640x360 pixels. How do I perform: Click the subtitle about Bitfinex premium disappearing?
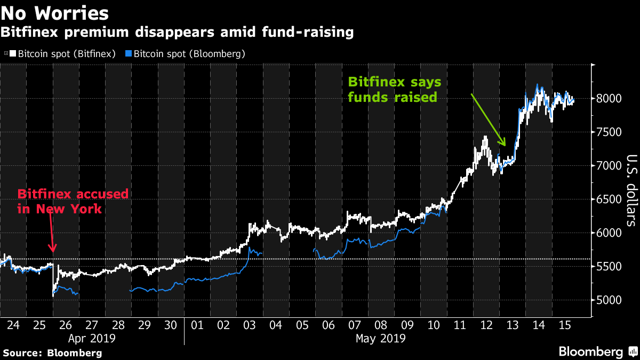(177, 33)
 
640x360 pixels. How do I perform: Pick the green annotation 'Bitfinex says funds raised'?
(394, 90)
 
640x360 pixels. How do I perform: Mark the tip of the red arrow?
(53, 251)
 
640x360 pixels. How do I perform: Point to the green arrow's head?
(505, 145)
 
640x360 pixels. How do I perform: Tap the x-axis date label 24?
(13, 325)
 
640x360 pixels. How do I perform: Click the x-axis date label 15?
(564, 325)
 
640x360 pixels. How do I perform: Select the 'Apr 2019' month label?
(92, 338)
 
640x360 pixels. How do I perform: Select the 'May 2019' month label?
(381, 338)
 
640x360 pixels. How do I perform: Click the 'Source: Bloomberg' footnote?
(52, 353)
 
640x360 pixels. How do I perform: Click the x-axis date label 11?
(460, 325)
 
